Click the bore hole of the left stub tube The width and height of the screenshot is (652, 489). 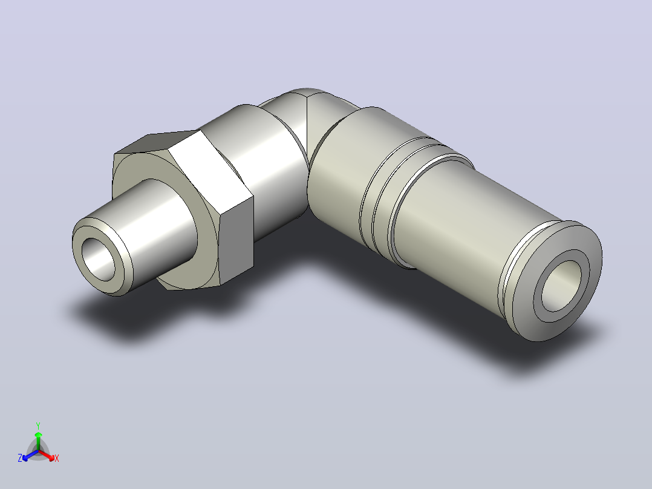click(99, 259)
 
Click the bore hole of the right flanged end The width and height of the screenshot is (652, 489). click(561, 286)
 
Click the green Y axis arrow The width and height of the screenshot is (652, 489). click(38, 441)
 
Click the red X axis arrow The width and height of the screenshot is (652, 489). click(47, 455)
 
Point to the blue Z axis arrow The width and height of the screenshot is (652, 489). click(30, 455)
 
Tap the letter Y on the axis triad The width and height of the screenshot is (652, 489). click(38, 425)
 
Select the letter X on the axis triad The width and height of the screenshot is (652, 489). click(57, 458)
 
